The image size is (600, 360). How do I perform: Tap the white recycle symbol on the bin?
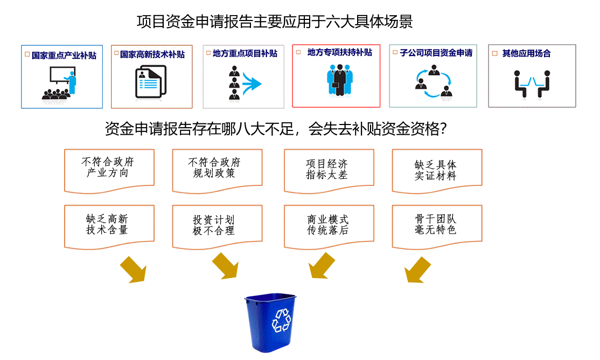click(281, 320)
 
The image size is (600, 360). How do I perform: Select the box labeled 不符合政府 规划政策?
click(217, 169)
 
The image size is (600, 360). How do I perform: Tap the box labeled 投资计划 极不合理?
click(217, 226)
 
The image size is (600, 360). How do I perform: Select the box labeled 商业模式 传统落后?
click(329, 226)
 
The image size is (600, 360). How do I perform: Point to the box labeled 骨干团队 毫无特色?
click(437, 226)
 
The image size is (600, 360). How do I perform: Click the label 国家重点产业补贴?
click(64, 55)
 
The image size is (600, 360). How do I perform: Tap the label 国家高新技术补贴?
click(152, 54)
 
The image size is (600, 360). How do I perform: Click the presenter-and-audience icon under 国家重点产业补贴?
click(60, 83)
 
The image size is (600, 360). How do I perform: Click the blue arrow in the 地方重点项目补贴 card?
click(251, 84)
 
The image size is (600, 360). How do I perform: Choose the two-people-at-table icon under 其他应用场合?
click(532, 84)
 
